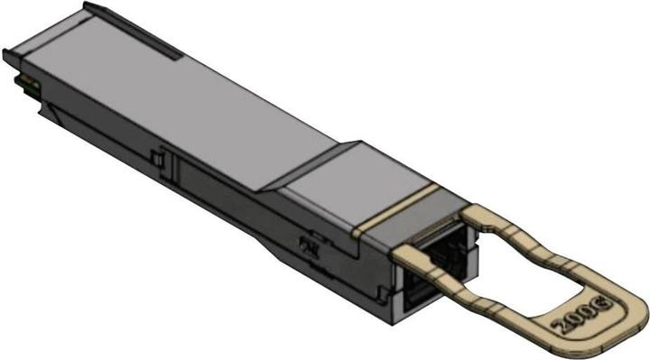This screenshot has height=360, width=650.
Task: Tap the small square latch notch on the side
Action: click(157, 160)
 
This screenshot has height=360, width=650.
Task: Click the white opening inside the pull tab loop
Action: click(542, 271)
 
